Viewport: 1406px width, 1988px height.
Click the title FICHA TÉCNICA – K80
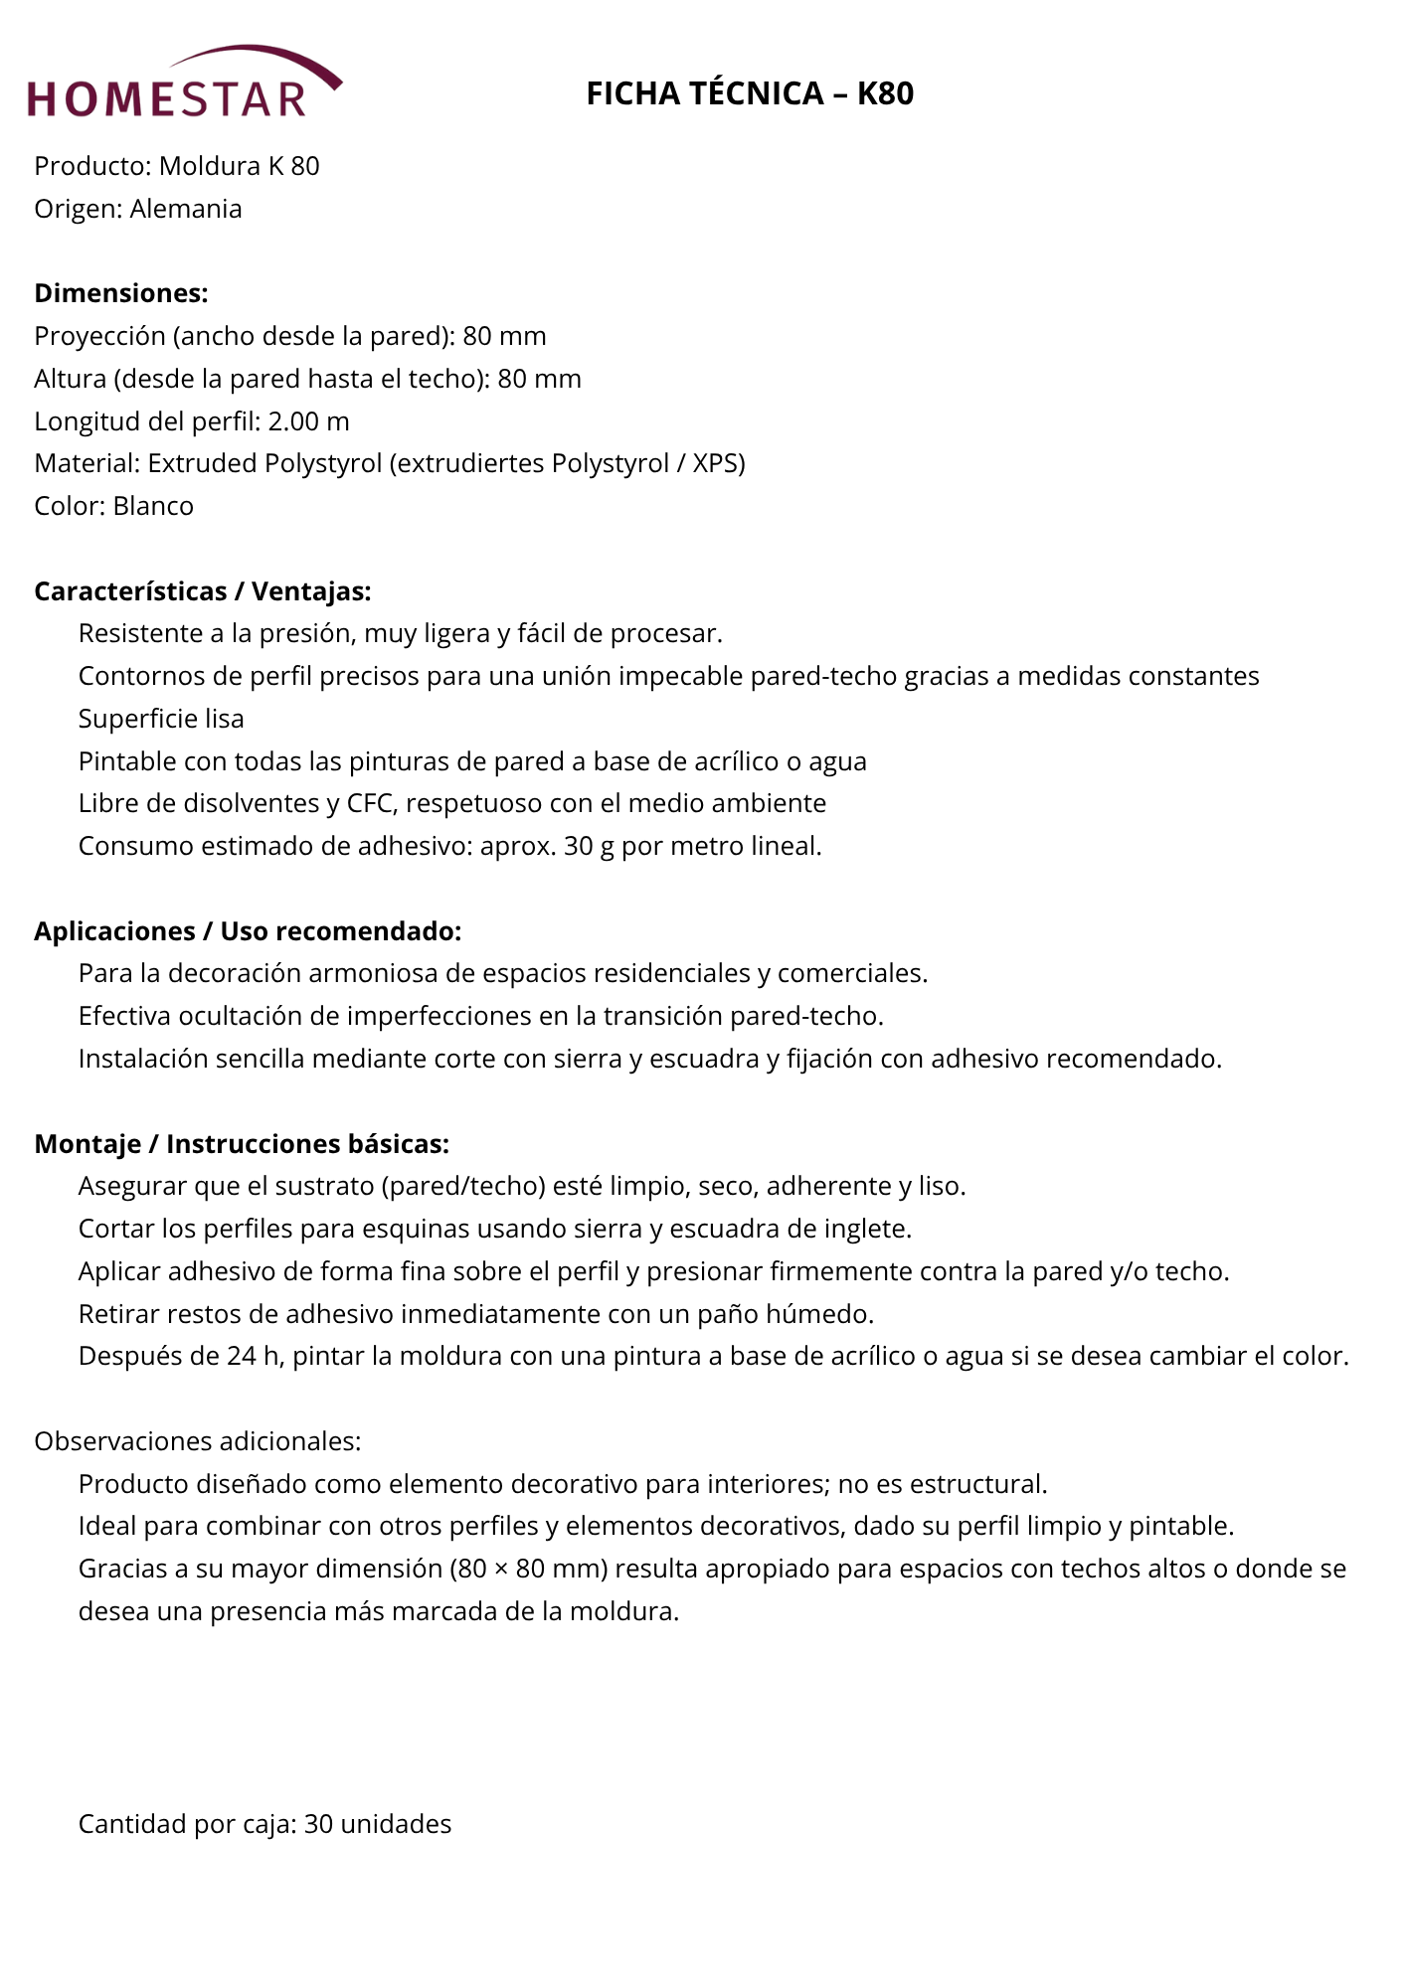coord(750,93)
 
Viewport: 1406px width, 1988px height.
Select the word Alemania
coord(186,209)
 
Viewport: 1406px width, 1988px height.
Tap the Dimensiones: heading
coord(121,293)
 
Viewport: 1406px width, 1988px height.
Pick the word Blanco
coord(153,506)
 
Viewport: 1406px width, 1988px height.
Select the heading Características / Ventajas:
coord(203,591)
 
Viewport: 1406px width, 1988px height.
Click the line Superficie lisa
coord(161,719)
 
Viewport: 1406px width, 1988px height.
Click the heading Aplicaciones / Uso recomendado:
coord(248,931)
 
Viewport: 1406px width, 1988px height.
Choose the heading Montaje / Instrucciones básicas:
coord(242,1144)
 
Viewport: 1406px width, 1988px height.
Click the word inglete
coord(866,1229)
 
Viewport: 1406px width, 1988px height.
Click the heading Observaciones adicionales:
coord(198,1441)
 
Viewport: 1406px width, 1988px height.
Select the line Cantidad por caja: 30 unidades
coord(264,1824)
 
